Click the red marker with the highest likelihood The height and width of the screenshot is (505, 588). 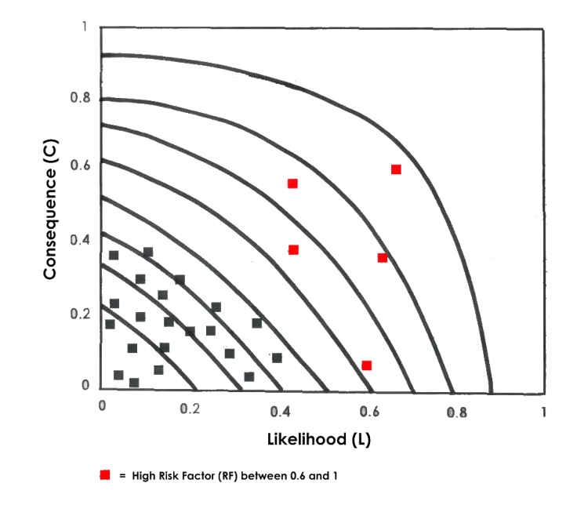396,170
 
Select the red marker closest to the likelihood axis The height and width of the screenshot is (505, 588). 366,365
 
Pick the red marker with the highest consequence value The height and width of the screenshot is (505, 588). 396,170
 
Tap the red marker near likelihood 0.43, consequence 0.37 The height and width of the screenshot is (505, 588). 293,250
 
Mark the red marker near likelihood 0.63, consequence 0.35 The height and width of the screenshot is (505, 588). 383,258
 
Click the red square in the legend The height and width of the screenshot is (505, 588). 104,475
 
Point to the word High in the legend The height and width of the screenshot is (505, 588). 141,476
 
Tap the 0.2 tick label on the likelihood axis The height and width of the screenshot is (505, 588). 187,410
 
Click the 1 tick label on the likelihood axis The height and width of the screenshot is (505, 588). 542,410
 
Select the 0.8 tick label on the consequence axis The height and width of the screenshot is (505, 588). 82,99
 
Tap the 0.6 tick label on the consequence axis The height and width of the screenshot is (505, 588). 82,166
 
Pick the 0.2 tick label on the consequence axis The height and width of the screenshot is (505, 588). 82,314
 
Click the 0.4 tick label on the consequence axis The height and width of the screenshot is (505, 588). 82,241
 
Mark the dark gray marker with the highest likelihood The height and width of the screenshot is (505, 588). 278,358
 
